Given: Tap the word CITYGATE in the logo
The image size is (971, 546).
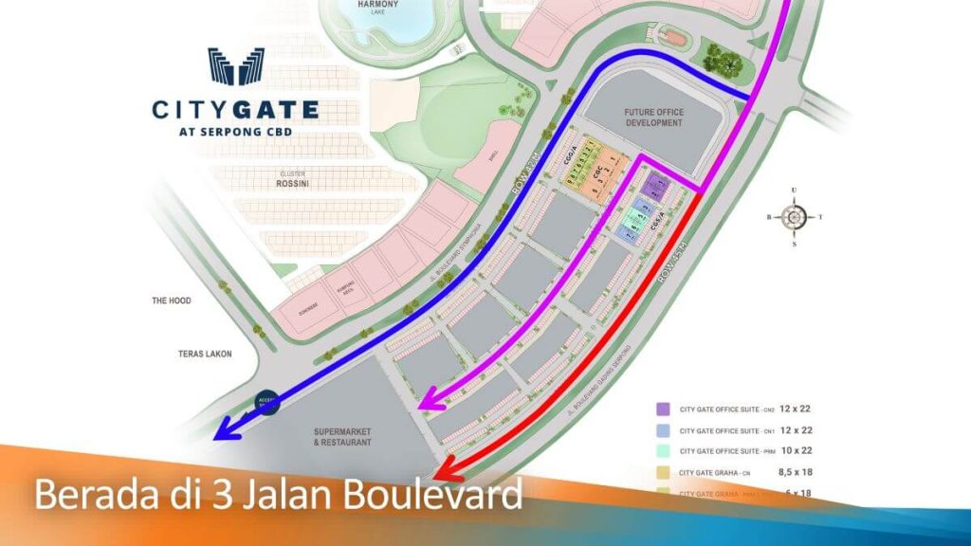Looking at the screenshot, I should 235,110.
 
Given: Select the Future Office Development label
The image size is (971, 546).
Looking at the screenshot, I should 653,118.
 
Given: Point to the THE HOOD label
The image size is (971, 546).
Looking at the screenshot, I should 172,300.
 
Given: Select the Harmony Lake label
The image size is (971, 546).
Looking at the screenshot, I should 378,8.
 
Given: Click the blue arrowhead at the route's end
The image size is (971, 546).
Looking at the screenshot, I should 225,430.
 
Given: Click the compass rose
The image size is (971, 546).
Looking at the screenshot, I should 794,217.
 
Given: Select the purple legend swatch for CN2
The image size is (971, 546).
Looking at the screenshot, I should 664,409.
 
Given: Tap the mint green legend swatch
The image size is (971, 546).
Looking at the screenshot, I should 664,450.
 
